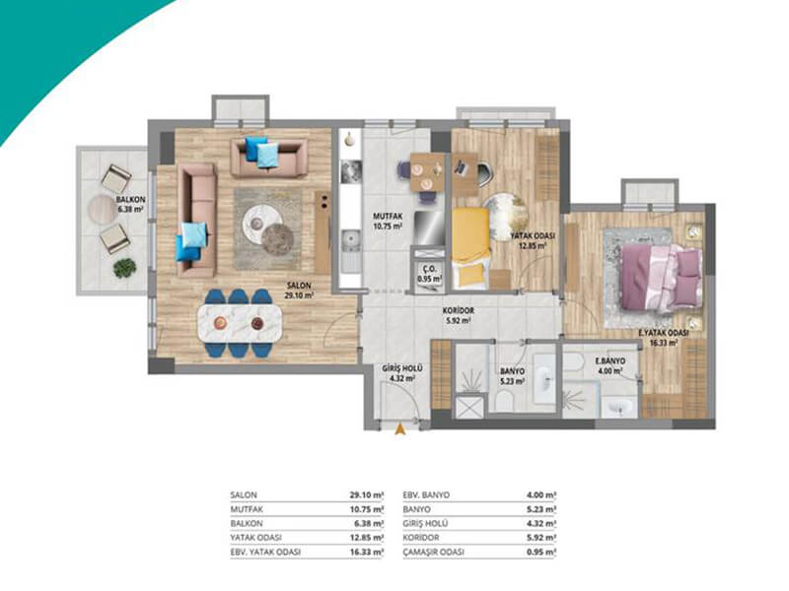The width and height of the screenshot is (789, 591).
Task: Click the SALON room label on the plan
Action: (300, 285)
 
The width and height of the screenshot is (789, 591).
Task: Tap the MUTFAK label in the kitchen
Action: (388, 217)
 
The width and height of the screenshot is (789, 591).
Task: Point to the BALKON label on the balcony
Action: (131, 200)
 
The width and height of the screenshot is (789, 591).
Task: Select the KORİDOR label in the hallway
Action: (458, 310)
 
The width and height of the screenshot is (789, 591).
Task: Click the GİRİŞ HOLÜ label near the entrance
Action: (402, 368)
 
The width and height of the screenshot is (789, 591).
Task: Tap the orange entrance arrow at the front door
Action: (400, 429)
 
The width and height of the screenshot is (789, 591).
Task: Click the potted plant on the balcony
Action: (125, 268)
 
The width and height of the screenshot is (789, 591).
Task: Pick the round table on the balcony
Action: (103, 210)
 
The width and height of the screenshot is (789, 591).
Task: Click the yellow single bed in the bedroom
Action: (471, 248)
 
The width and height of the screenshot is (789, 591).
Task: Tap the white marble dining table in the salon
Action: (239, 322)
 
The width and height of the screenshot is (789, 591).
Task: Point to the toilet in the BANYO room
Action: (504, 401)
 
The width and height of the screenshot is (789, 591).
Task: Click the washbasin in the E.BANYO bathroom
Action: (619, 406)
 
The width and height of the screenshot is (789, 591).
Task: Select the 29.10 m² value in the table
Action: (367, 495)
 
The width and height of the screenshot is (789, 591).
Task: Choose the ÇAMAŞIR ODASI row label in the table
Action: (434, 552)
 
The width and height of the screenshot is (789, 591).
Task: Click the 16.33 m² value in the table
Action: (367, 552)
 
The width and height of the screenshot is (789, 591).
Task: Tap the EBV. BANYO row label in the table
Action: (426, 495)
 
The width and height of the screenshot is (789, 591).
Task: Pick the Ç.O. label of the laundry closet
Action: (430, 269)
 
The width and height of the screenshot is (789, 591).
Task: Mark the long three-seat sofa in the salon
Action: (197, 220)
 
